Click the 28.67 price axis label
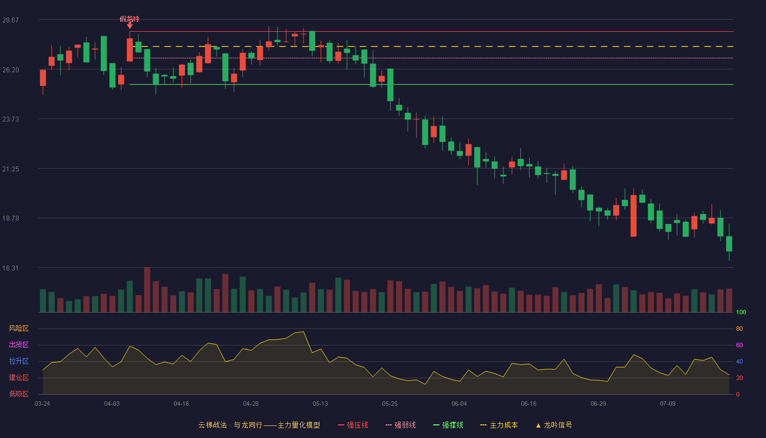pyautogui.click(x=10, y=20)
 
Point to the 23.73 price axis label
pyautogui.click(x=10, y=119)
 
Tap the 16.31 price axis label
pyautogui.click(x=10, y=268)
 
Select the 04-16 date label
pyautogui.click(x=181, y=404)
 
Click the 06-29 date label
pyautogui.click(x=598, y=404)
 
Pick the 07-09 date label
pyautogui.click(x=668, y=404)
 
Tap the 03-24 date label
pyautogui.click(x=43, y=404)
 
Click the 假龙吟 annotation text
pyautogui.click(x=130, y=19)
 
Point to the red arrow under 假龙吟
pyautogui.click(x=130, y=26)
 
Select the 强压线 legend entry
pyautogui.click(x=353, y=425)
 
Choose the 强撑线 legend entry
pyautogui.click(x=448, y=425)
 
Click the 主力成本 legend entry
pyautogui.click(x=499, y=425)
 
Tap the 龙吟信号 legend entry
pyautogui.click(x=554, y=425)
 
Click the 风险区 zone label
pyautogui.click(x=19, y=328)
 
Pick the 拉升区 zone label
pyautogui.click(x=19, y=361)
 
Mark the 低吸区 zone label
pyautogui.click(x=19, y=394)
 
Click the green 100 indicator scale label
pyautogui.click(x=741, y=312)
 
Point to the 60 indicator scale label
pyautogui.click(x=739, y=345)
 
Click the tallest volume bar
pyautogui.click(x=147, y=290)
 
